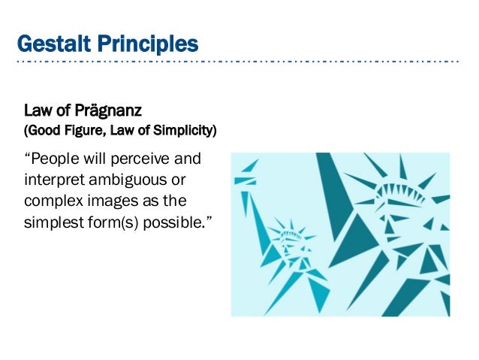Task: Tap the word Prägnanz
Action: (x=89, y=113)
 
